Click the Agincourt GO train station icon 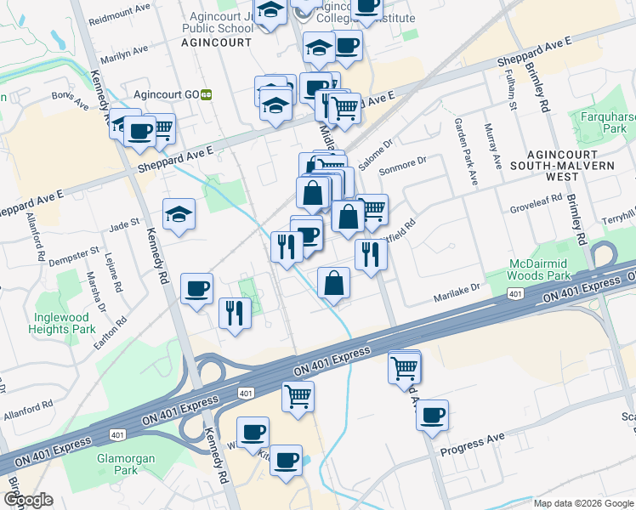(x=206, y=95)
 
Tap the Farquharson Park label (x=607, y=122)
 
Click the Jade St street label (x=123, y=224)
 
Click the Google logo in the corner (x=28, y=500)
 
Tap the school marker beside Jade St (x=179, y=216)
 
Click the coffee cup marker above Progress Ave (x=433, y=415)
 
